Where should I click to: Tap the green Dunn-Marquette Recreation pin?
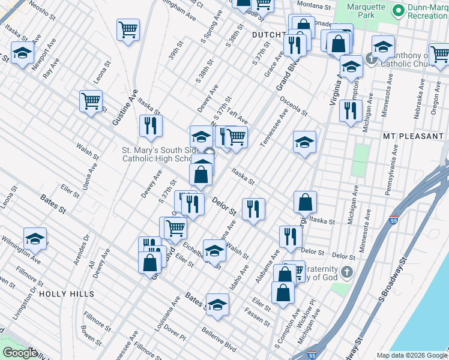[397, 11]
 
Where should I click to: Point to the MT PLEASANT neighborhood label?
[413, 137]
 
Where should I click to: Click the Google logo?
[19, 353]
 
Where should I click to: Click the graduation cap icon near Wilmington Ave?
[35, 239]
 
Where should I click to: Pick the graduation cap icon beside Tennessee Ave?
[305, 143]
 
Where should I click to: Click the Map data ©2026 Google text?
[411, 355]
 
